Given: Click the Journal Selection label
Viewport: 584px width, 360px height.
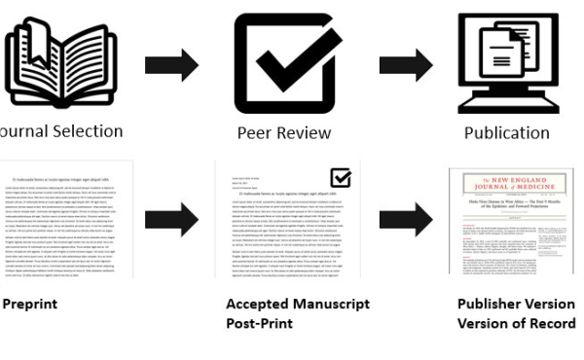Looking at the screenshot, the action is [x=58, y=131].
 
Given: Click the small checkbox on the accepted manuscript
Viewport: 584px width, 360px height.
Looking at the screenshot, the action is [x=341, y=177].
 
